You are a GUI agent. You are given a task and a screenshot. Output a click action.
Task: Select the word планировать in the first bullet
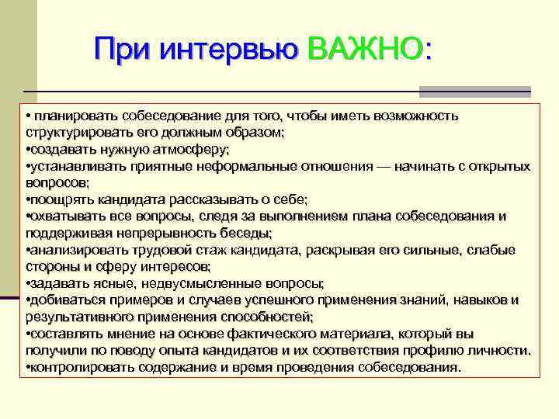coord(66,116)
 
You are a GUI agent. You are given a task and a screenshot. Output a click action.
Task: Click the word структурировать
coord(73,133)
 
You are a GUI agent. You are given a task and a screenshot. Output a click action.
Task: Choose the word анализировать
coord(74,250)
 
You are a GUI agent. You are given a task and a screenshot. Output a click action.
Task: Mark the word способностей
coord(264,317)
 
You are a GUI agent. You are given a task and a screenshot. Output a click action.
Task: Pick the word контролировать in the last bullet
coord(78,367)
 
